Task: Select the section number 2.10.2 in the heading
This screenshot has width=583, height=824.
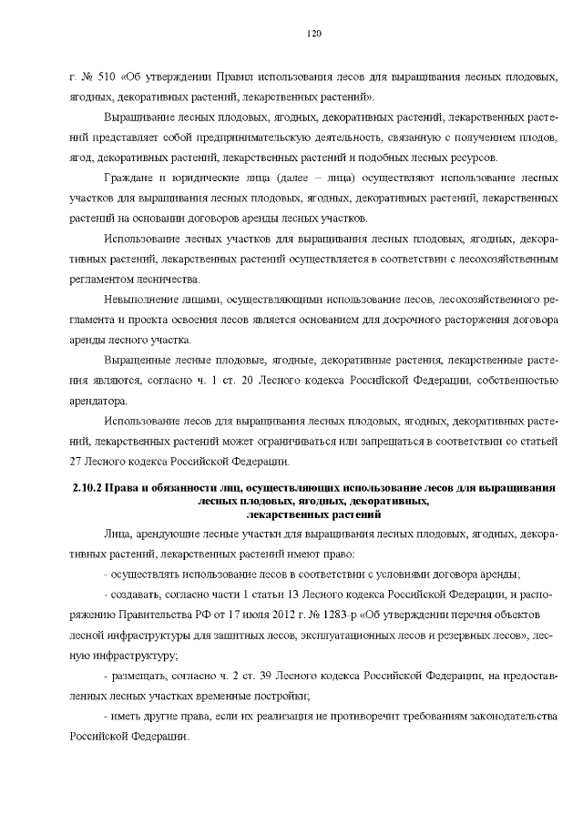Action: (87, 490)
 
